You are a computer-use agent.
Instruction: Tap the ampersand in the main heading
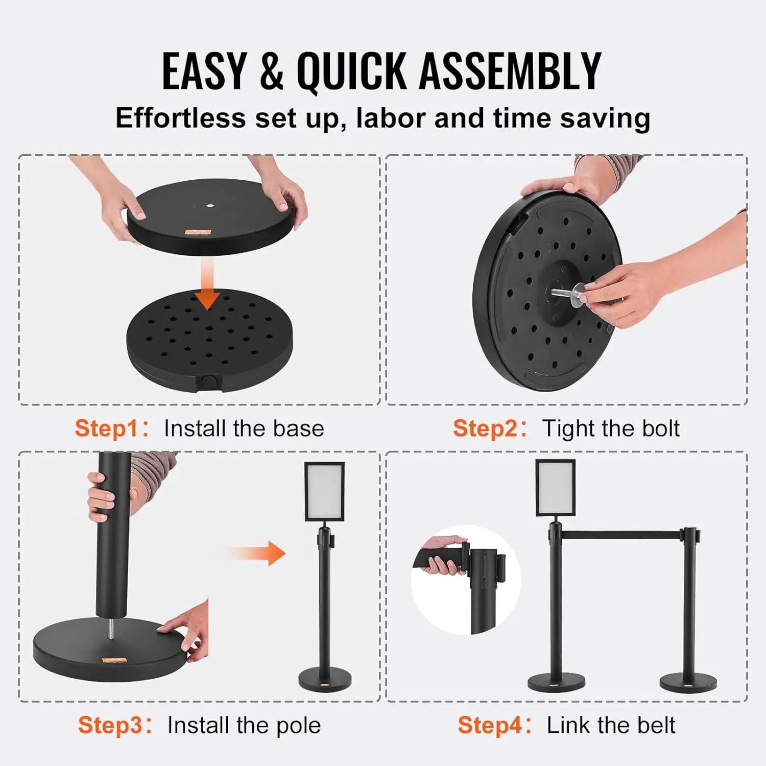click(271, 71)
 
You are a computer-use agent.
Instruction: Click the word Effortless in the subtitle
click(180, 118)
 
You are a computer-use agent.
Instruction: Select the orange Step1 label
click(106, 428)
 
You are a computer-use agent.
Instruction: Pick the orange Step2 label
click(485, 428)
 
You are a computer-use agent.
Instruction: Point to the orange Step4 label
click(489, 725)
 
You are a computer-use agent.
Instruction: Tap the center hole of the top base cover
click(210, 206)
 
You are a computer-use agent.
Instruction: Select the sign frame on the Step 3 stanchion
click(324, 491)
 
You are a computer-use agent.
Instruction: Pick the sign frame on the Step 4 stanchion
click(555, 488)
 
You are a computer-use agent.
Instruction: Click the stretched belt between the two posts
click(620, 535)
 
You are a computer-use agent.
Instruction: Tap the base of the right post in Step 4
click(688, 682)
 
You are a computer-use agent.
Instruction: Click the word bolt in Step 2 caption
click(661, 428)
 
